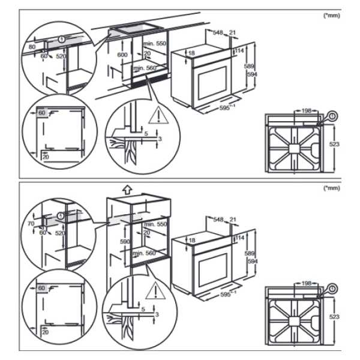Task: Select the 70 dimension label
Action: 31,223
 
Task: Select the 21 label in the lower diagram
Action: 234,219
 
